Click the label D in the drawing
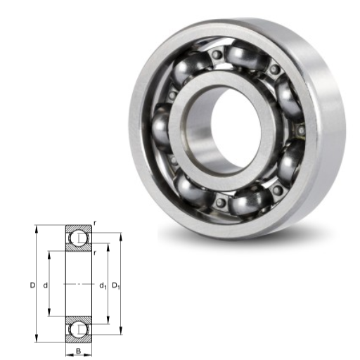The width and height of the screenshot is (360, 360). point(32,285)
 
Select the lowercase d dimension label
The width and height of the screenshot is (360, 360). point(46,285)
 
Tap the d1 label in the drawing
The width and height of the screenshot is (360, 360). point(103,285)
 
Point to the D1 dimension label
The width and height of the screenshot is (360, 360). point(116,285)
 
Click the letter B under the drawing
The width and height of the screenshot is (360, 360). point(79,351)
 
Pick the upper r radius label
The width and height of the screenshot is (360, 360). point(94,224)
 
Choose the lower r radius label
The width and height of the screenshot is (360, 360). point(94,252)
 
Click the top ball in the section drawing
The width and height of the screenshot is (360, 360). point(79,238)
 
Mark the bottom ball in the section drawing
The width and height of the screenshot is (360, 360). point(79,330)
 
